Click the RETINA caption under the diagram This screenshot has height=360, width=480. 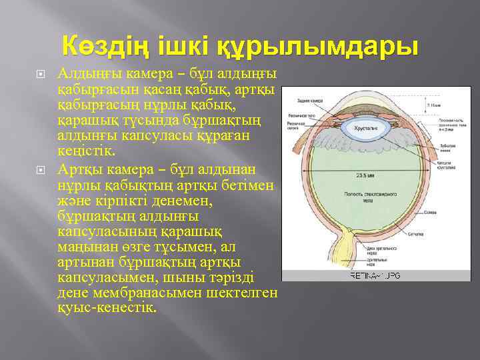(x=375, y=275)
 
